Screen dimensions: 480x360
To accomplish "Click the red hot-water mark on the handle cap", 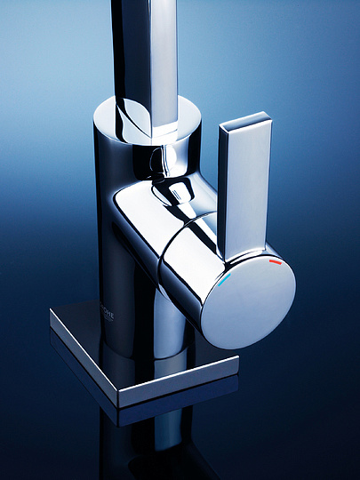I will click(275, 262).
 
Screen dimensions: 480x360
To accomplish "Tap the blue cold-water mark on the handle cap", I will click(228, 277).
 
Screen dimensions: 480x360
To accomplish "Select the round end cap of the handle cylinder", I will click(248, 302).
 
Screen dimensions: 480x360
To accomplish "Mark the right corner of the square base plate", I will click(236, 360).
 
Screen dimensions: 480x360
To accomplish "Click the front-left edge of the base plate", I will click(84, 360).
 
